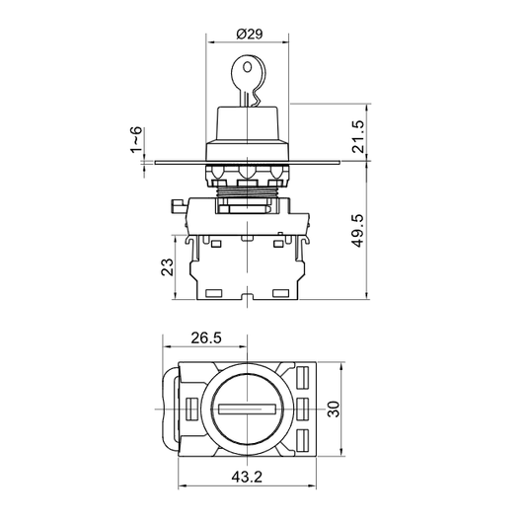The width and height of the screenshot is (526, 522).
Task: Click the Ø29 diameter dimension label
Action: click(250, 34)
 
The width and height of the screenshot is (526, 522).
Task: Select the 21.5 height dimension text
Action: click(358, 136)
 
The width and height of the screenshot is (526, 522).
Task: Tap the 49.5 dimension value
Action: click(358, 231)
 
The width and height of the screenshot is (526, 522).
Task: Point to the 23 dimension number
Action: click(168, 267)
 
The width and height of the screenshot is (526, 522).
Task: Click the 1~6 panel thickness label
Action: click(136, 140)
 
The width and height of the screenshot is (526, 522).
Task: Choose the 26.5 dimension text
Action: click(206, 337)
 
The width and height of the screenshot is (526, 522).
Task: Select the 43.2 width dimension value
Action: click(247, 477)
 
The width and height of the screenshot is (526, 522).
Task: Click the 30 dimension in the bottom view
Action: click(334, 409)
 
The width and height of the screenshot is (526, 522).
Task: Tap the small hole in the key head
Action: click(248, 67)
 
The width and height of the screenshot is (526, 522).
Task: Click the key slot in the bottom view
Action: click(247, 409)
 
